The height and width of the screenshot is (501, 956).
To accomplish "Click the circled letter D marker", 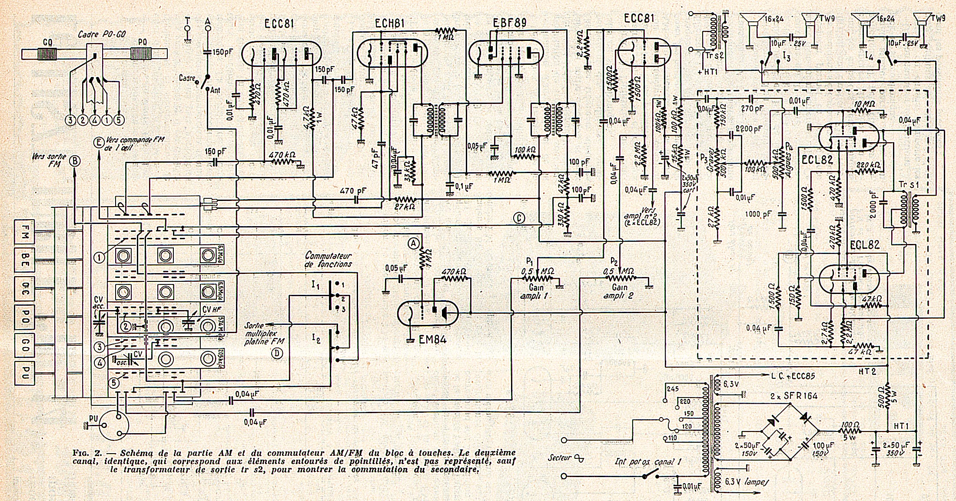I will [x=277, y=354].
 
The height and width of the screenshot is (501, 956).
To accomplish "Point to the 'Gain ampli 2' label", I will [x=620, y=291].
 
